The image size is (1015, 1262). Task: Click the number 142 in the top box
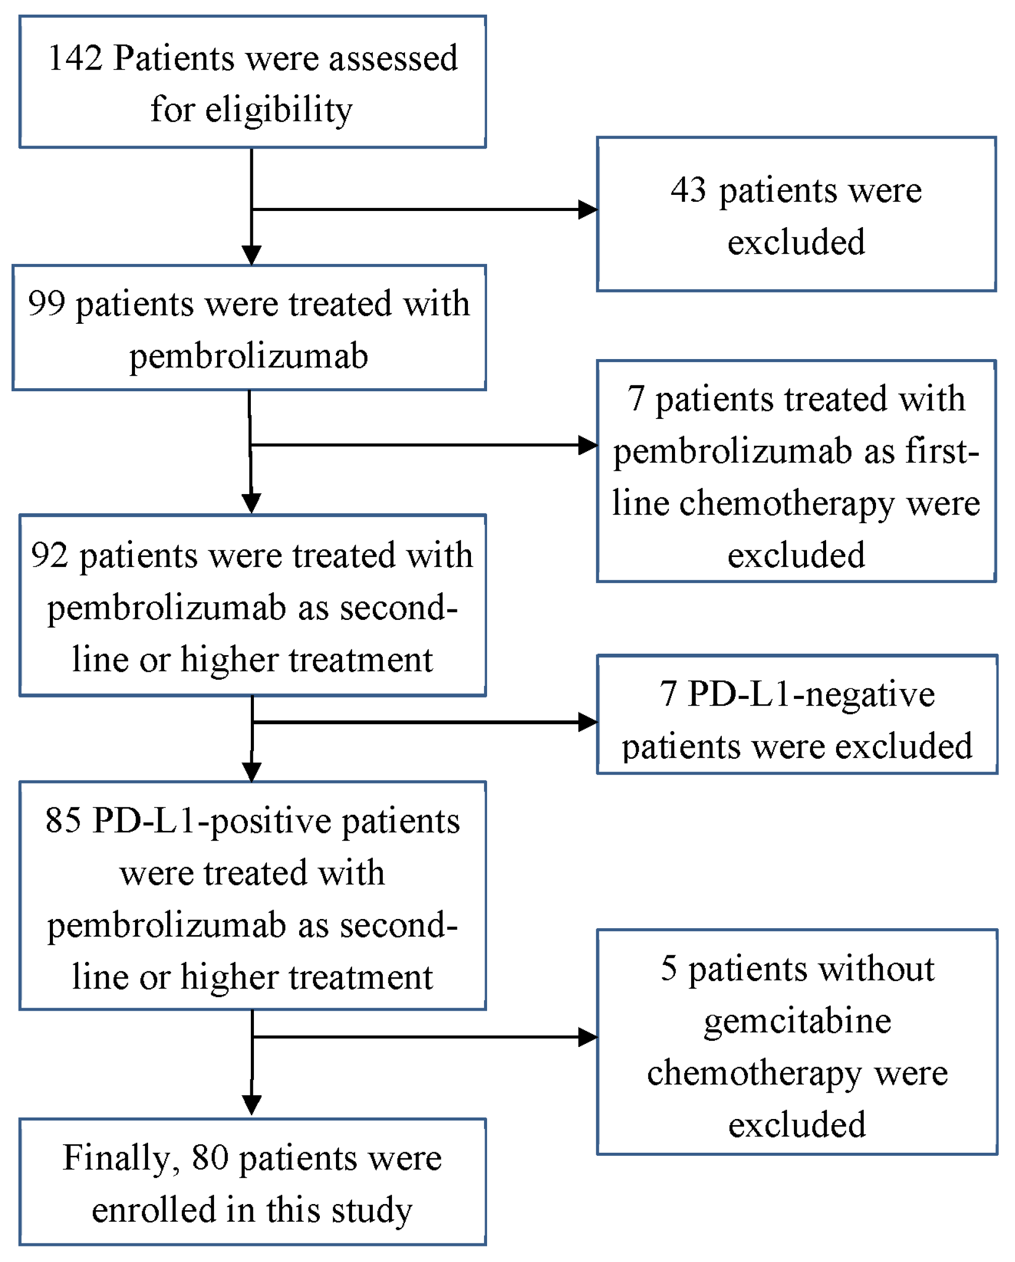click(75, 58)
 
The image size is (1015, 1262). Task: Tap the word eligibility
click(279, 111)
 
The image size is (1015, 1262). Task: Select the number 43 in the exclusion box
click(689, 190)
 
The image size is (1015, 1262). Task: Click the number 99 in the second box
click(46, 304)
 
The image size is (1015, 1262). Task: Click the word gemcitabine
click(797, 1021)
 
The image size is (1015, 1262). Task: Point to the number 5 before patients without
click(669, 969)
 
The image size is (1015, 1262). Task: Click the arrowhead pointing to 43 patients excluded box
click(587, 209)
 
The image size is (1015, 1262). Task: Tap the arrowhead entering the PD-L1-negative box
click(587, 722)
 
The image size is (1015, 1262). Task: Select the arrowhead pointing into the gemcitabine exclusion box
click(587, 1037)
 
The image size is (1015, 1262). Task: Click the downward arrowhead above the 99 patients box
click(252, 256)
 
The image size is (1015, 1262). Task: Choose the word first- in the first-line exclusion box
click(942, 451)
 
